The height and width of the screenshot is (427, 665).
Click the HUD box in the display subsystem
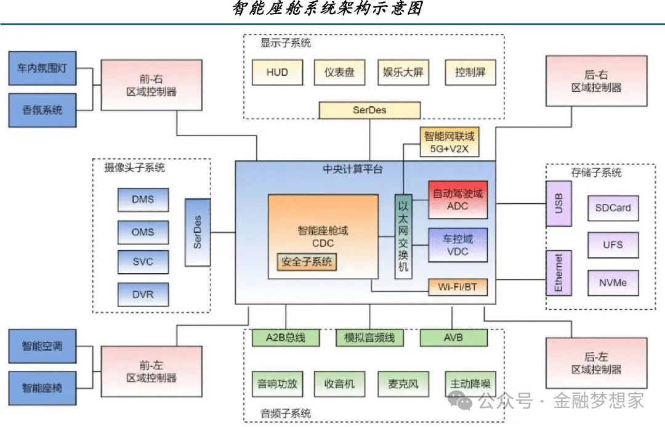coord(277,72)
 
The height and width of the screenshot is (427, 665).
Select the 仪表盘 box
coord(339,72)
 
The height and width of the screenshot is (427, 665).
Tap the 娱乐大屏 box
coord(403,72)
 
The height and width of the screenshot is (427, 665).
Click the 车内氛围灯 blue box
coord(42,72)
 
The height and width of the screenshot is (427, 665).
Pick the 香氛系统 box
coord(42,110)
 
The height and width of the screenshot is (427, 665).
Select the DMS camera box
coord(143,199)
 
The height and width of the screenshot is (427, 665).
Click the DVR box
coord(143,295)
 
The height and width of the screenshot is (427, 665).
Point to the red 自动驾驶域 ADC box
coord(457,200)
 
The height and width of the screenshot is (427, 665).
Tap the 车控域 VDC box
coord(457,245)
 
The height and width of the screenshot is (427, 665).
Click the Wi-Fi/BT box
coord(457,287)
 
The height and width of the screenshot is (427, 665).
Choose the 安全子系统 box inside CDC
coord(307,262)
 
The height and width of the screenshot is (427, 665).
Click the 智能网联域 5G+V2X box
coord(449,143)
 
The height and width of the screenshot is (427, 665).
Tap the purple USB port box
coord(558,204)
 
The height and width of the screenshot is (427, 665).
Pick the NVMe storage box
coord(612,283)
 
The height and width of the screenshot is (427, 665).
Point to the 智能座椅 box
coord(42,388)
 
